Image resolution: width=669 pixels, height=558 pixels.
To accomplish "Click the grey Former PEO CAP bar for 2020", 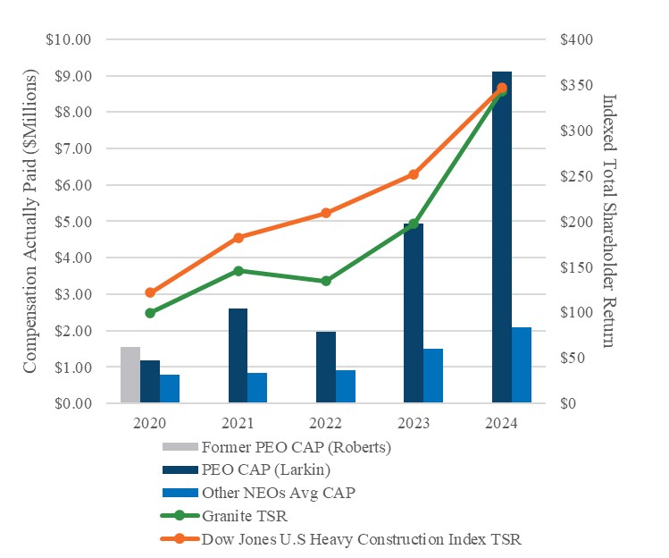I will tap(130, 376).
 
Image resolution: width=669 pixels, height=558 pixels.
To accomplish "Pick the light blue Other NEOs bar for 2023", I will tap(433, 376).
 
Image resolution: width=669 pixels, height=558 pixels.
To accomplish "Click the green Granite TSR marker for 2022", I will tap(326, 281).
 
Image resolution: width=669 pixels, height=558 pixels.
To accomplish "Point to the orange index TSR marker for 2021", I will tap(238, 238).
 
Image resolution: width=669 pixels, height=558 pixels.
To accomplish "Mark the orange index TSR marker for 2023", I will tap(414, 174).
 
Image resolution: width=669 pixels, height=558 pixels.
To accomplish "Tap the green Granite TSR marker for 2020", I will tap(150, 313).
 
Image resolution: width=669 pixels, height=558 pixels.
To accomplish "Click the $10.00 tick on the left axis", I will tap(71, 40).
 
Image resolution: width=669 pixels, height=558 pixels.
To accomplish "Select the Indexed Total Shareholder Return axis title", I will tap(610, 222).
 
